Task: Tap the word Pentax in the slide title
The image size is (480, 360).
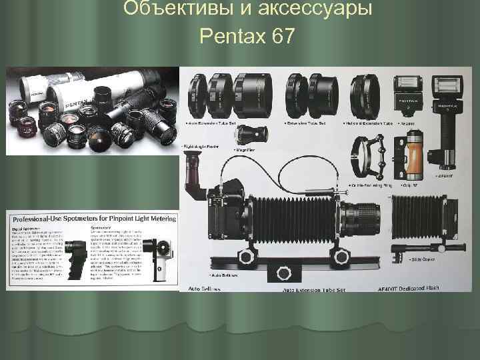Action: (x=231, y=37)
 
